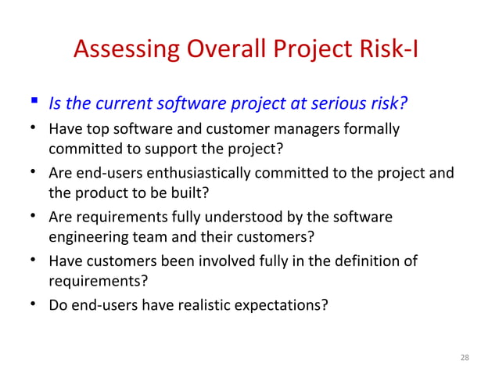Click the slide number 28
tap(465, 358)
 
